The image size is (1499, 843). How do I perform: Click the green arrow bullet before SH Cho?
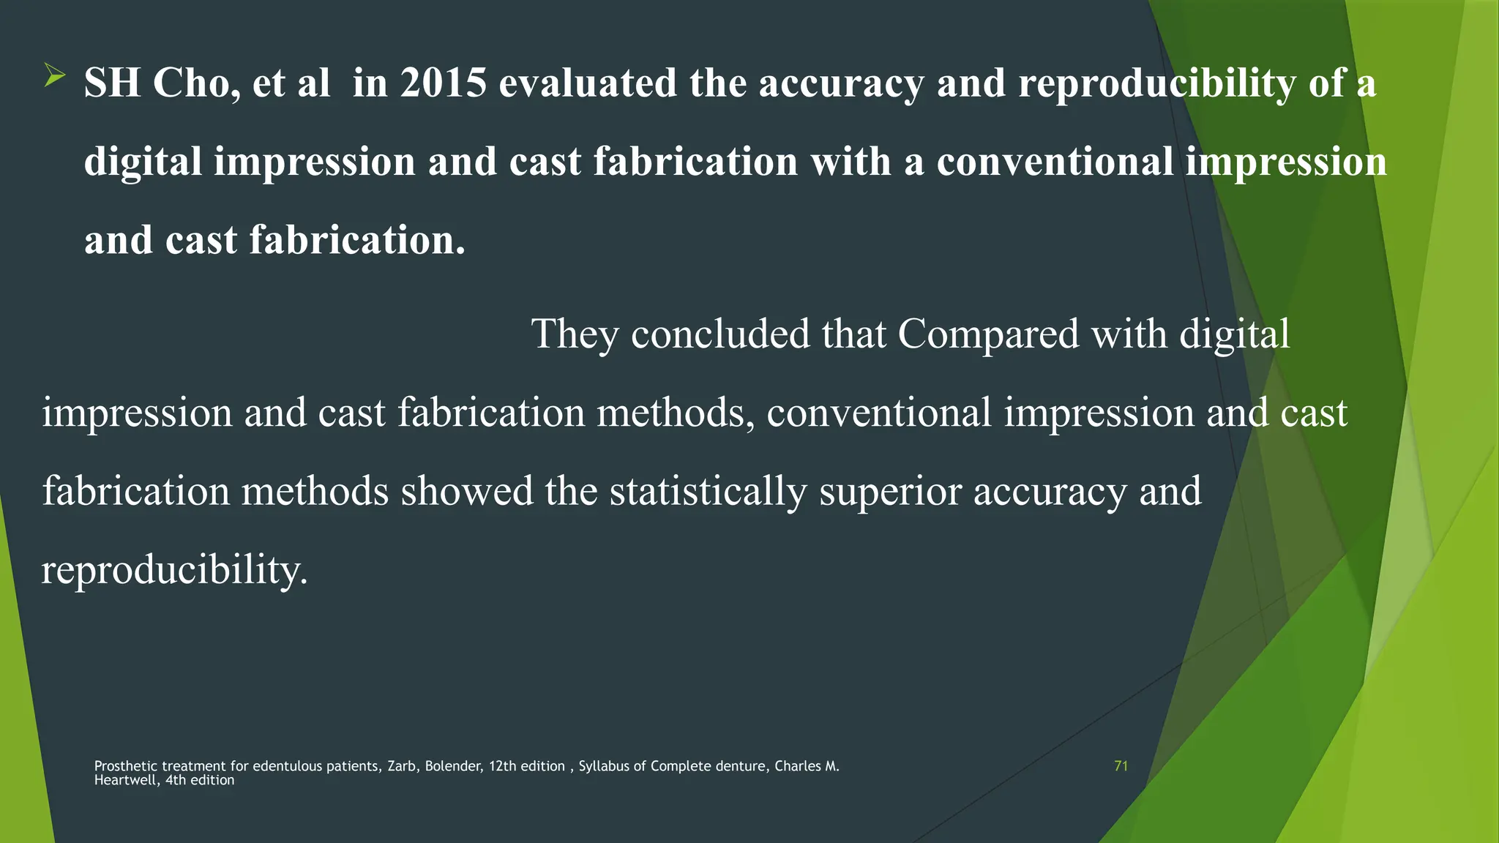tap(54, 75)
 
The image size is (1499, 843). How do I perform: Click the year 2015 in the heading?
tap(444, 82)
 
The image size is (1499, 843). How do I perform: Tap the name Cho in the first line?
tap(196, 82)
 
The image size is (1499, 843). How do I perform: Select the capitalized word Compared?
tap(988, 334)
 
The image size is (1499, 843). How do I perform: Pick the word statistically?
tap(708, 491)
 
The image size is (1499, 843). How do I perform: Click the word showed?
tap(466, 491)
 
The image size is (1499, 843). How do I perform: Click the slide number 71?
tap(1121, 766)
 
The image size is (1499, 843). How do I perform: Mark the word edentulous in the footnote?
tap(287, 766)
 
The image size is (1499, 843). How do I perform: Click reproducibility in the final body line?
tap(174, 570)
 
